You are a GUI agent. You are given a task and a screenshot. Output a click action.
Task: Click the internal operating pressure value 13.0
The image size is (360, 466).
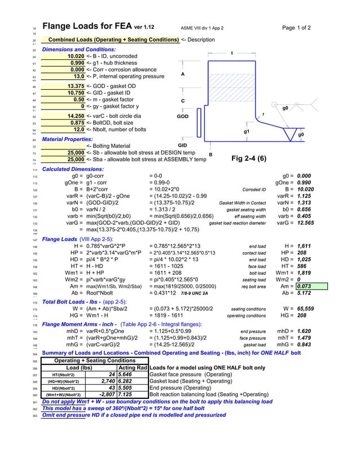(x=79, y=76)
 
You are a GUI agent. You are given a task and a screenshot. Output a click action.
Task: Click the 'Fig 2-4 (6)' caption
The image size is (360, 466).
(x=249, y=159)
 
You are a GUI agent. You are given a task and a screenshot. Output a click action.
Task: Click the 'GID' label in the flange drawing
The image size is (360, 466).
(x=182, y=146)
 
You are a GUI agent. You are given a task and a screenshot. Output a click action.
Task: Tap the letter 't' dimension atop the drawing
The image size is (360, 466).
(x=232, y=53)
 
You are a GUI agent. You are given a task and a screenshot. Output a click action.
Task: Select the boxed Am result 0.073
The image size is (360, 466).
(x=304, y=287)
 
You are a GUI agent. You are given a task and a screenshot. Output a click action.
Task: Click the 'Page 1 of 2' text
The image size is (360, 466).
(x=296, y=28)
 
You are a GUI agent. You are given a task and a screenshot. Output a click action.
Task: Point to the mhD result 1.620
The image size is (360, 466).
(x=303, y=331)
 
